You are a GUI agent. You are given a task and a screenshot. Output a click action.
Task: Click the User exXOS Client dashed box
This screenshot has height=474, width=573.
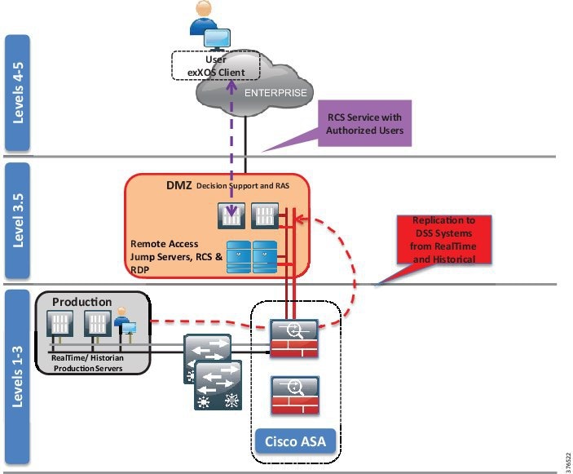pyautogui.click(x=215, y=66)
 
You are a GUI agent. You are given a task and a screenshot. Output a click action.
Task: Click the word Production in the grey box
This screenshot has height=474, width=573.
pyautogui.click(x=82, y=302)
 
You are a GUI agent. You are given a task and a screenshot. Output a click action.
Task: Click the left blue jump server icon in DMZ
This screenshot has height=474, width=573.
pyautogui.click(x=237, y=255)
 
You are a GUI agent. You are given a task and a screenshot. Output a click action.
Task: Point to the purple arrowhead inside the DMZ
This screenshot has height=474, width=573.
pyautogui.click(x=232, y=218)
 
